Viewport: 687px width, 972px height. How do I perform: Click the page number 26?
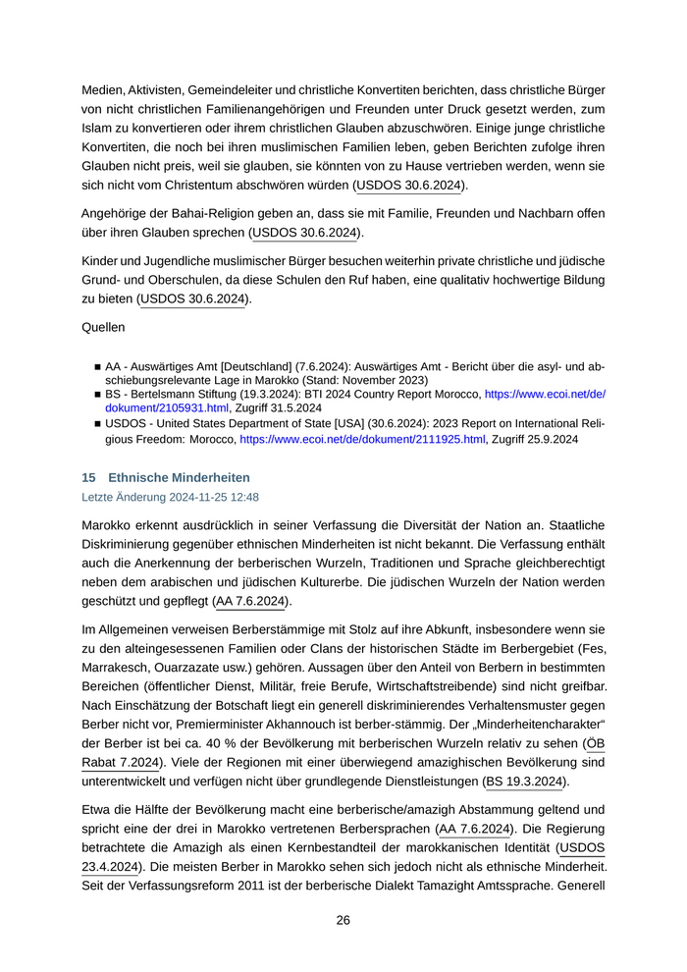343,920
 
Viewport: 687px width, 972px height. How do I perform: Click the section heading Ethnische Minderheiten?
180,477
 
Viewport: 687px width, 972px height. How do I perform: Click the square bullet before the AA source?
97,365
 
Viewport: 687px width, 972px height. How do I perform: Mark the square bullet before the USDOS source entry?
97,425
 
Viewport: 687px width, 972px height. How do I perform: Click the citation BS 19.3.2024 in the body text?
525,782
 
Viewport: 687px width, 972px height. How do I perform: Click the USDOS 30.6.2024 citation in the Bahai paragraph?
305,233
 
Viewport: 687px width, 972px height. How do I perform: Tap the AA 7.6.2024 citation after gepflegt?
251,601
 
